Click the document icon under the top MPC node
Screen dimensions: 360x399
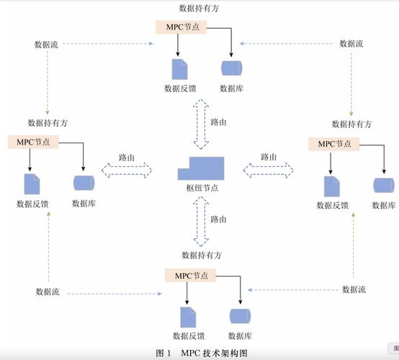click(179, 69)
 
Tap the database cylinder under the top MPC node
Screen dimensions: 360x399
click(231, 68)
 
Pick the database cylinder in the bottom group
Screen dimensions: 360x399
click(240, 316)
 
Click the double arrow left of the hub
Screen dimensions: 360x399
click(127, 170)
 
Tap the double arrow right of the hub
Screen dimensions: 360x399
click(269, 170)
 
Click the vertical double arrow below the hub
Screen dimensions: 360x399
click(201, 220)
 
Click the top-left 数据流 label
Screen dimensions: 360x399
click(47, 44)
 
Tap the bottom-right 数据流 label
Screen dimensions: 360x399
click(354, 289)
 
